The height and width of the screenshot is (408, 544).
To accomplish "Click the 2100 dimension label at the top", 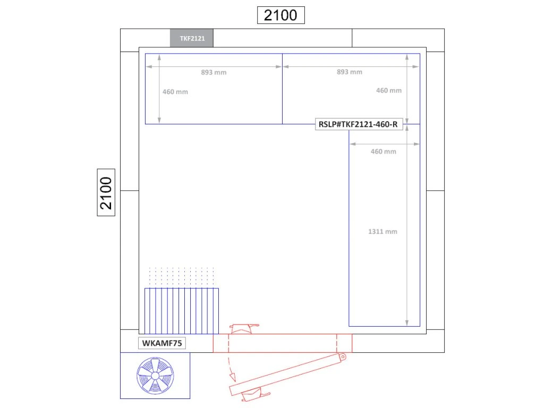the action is (x=280, y=15).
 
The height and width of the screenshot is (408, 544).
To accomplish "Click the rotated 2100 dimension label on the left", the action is (x=106, y=192).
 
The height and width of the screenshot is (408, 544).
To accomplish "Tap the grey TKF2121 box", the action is (x=191, y=38).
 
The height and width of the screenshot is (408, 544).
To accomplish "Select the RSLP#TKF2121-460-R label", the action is (x=359, y=124).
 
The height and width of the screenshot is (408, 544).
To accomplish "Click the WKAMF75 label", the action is (x=161, y=343).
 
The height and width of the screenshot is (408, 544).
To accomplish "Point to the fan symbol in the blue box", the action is (x=155, y=376).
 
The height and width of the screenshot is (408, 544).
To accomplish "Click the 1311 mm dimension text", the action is (x=382, y=232).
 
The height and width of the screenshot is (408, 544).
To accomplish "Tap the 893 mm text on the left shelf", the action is (x=214, y=72).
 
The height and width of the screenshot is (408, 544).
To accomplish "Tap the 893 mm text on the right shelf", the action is (x=350, y=72).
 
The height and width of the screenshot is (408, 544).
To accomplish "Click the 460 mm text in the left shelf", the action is (x=175, y=92).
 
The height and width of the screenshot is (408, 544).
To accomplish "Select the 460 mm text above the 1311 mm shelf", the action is (x=384, y=151).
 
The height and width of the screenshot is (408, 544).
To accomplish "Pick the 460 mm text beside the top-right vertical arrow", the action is (x=389, y=90).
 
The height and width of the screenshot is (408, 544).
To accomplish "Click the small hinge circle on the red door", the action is (x=343, y=356).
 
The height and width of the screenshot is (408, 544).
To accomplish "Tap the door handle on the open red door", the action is (x=255, y=395).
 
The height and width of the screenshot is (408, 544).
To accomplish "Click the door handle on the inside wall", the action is (x=244, y=328).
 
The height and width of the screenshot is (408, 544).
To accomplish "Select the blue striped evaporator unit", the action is (x=182, y=311).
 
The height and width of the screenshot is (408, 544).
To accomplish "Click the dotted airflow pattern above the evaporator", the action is (x=182, y=276).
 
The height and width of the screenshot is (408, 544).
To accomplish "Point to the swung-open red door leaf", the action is (x=287, y=375).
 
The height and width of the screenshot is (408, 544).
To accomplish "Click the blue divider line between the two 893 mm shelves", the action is (x=283, y=89).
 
